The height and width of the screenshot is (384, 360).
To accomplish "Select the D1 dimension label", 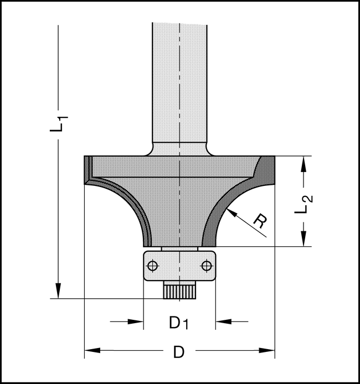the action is [179, 323].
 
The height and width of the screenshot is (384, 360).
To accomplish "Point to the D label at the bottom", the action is [179, 352].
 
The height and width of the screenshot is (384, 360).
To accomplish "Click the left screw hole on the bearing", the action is [153, 266].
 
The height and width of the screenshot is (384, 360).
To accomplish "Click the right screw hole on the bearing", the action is [207, 266].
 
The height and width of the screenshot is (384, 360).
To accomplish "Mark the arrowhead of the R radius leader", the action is [232, 212].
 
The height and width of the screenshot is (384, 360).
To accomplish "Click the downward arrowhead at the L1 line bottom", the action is [58, 290].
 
